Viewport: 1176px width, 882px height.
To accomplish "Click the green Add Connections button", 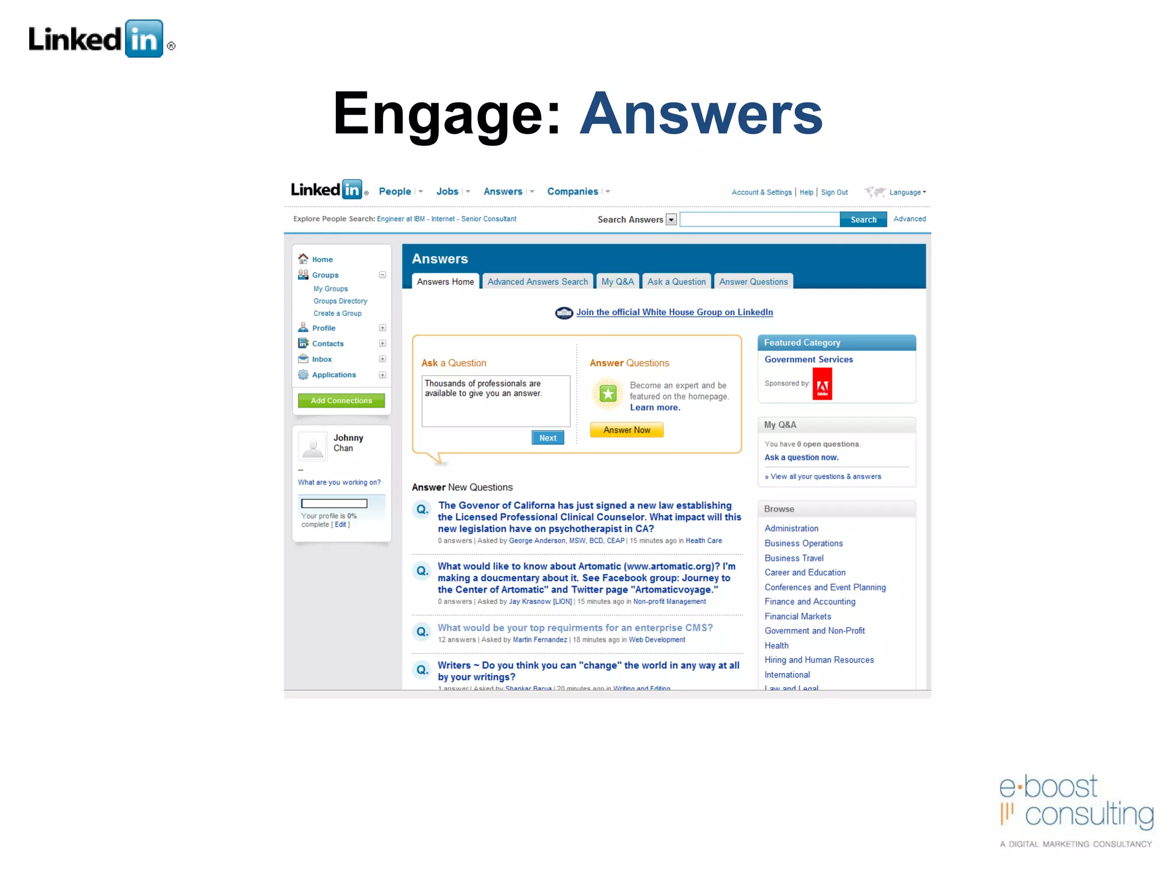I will pos(341,401).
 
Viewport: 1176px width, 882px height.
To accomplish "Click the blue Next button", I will pos(548,438).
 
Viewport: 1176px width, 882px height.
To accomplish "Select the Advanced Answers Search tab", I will pos(537,282).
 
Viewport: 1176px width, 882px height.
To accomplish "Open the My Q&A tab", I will pos(617,282).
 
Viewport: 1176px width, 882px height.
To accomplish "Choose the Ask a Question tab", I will pos(676,282).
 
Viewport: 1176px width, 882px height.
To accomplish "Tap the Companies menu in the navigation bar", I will pos(572,192).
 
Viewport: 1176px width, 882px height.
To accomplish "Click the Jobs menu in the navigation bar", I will pos(447,192).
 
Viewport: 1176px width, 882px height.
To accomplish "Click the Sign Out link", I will pos(834,192).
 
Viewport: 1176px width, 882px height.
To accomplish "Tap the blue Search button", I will pos(863,220).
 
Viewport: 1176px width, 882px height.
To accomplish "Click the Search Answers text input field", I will pos(759,220).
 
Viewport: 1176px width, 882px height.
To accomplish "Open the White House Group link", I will pos(674,312).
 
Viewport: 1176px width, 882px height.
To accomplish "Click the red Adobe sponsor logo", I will pos(822,384).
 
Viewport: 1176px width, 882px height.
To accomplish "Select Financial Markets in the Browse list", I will pos(798,617).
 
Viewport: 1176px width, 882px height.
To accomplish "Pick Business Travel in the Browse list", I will pos(794,558).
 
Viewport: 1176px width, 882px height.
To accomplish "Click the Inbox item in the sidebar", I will pos(322,359).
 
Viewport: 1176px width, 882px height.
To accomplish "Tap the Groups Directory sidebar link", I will pos(340,301).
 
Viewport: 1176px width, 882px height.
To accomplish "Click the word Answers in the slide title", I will pos(701,114).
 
